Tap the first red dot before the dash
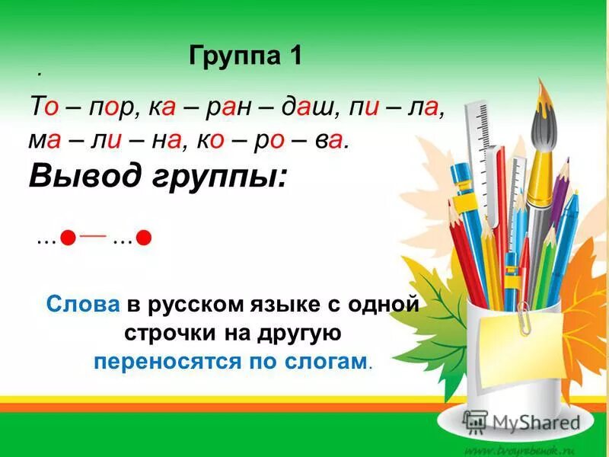pos(68,239)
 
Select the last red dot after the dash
pos(144,239)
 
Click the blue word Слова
pos(83,305)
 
